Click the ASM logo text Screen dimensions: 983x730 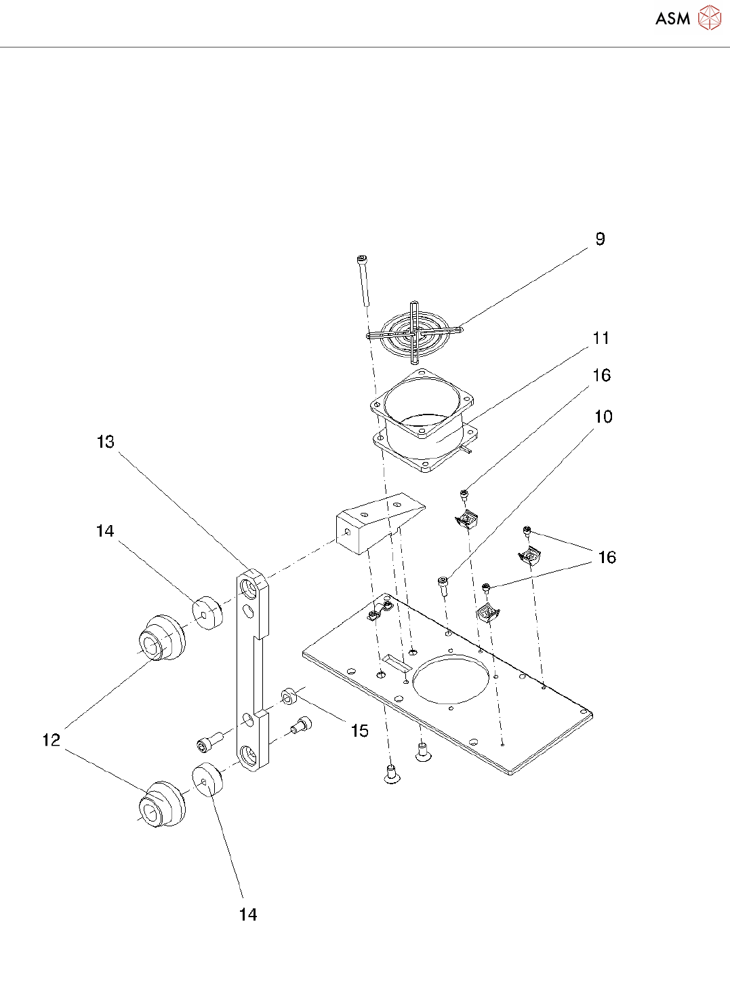tap(672, 19)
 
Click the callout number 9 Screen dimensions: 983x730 tap(600, 239)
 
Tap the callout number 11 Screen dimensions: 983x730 tap(601, 338)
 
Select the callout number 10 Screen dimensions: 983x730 tap(603, 417)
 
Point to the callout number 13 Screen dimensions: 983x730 tap(106, 442)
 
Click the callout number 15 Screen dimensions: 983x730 tap(359, 731)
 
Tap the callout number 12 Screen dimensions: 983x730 tap(52, 739)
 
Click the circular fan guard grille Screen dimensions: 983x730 tap(414, 333)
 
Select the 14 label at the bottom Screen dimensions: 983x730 tap(248, 914)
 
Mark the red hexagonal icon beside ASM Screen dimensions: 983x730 tap(710, 18)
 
